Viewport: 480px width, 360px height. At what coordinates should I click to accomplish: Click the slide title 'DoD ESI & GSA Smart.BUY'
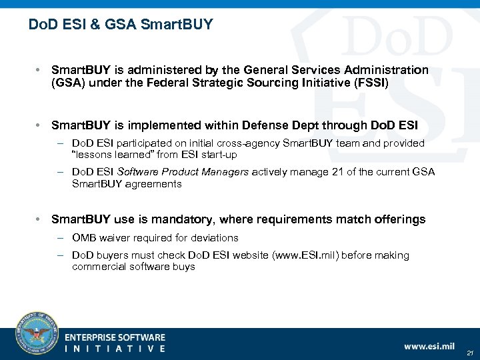click(121, 25)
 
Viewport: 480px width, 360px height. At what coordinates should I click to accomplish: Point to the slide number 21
click(469, 353)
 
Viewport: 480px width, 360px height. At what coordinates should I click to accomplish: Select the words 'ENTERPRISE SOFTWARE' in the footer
click(115, 338)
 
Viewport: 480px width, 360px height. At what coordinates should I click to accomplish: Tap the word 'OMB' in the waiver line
click(84, 237)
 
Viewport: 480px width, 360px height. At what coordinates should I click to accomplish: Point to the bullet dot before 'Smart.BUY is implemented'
click(41, 125)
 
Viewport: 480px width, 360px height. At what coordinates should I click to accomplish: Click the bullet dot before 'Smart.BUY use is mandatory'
click(41, 219)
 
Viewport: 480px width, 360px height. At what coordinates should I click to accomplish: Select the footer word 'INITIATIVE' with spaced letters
click(115, 349)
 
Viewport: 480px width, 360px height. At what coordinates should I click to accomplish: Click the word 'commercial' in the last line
click(97, 267)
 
